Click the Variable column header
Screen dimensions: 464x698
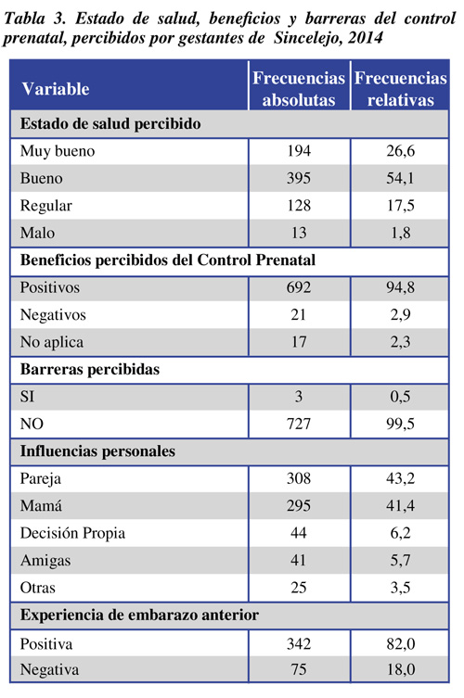(x=56, y=89)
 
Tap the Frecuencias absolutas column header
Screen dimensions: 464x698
(x=299, y=89)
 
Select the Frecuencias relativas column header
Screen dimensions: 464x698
(x=400, y=89)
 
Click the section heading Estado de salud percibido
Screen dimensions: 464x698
(x=110, y=123)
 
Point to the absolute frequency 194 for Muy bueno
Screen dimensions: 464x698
(x=299, y=151)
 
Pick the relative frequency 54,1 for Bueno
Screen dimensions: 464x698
(x=400, y=178)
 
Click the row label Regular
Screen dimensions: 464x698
(x=45, y=206)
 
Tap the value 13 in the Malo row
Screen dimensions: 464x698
(x=299, y=233)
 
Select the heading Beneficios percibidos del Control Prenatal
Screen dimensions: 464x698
(x=168, y=260)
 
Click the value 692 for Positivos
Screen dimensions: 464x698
(x=299, y=287)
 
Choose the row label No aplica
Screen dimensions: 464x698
(x=52, y=342)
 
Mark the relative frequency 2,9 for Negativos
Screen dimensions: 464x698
(x=400, y=315)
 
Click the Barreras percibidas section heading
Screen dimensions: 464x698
(x=90, y=369)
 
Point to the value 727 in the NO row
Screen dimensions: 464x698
(x=299, y=424)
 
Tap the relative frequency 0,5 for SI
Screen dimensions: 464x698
(x=400, y=396)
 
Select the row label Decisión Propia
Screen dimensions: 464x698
(x=72, y=533)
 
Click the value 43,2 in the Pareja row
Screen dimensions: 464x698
(x=400, y=478)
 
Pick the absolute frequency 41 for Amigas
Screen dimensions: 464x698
(x=299, y=560)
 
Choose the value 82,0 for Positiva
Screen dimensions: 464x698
(x=400, y=643)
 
